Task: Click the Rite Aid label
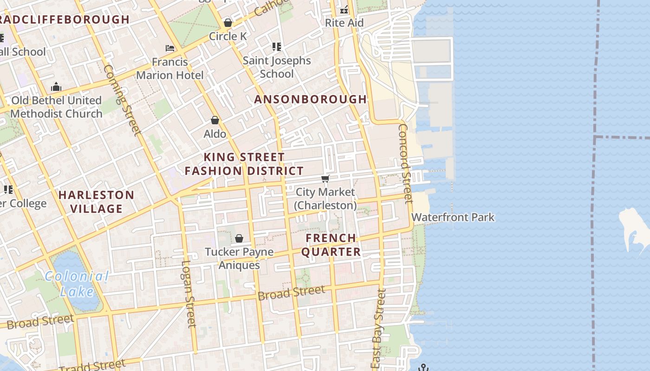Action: pos(344,23)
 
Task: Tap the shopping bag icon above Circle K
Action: pos(227,22)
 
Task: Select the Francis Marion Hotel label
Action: pos(170,69)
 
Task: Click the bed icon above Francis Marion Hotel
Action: pos(170,48)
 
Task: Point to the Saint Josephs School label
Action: pos(277,67)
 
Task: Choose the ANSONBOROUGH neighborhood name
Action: pos(311,99)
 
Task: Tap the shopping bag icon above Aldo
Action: pos(215,121)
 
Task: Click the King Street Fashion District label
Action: pos(244,164)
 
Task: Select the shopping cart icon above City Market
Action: pos(325,179)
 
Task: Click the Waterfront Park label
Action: pos(453,217)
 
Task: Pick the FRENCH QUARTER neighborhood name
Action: pos(331,245)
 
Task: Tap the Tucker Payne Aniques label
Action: pos(239,259)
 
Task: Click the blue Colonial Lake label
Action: pos(77,284)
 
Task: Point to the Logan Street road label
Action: pos(188,294)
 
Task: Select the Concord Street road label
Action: pos(405,163)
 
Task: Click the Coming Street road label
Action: pos(122,100)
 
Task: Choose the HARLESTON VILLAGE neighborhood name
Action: pos(97,202)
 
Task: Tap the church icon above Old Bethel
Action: pos(56,87)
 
